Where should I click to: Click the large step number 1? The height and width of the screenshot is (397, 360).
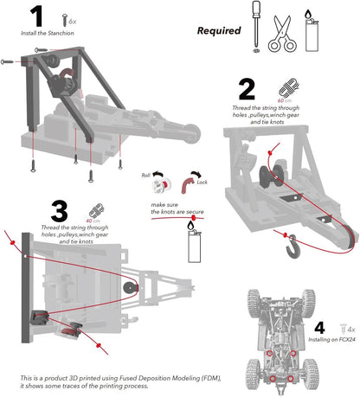pos(35,16)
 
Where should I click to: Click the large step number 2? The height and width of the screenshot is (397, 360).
pos(247,89)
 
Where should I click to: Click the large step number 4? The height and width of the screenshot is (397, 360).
pos(319,329)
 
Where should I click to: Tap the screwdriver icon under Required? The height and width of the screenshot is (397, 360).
pos(257,28)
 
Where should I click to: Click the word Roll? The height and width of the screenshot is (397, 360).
pos(146,176)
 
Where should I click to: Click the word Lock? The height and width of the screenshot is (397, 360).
pos(202,183)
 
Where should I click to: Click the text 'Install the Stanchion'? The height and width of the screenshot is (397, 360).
pos(48,33)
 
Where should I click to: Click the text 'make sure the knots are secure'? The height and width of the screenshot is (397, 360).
pos(178,208)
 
